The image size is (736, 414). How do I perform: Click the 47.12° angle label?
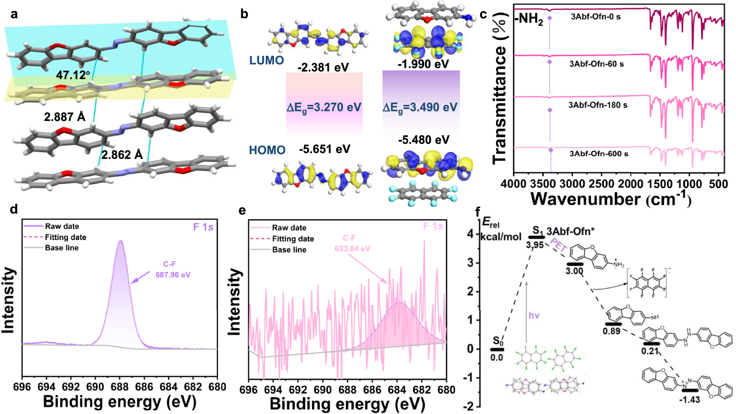[73, 75]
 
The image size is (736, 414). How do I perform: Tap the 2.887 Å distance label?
[65, 117]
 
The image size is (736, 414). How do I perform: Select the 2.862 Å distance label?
[122, 155]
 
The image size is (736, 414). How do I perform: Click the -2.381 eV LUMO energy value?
[323, 67]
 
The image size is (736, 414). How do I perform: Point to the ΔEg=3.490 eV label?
[420, 107]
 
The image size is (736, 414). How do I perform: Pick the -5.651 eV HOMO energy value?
[324, 149]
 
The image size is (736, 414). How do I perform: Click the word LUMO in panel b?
[266, 60]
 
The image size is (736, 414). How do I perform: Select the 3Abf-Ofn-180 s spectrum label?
[598, 105]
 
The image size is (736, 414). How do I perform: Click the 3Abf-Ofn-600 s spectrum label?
[599, 154]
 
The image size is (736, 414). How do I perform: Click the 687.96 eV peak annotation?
[173, 275]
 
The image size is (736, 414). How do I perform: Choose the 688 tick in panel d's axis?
[120, 387]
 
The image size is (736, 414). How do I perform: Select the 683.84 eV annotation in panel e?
[352, 249]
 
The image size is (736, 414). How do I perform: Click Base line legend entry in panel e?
[289, 250]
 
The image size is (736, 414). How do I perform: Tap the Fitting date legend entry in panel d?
[65, 237]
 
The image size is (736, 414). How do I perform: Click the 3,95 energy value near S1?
[534, 245]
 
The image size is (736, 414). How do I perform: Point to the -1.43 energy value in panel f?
[689, 400]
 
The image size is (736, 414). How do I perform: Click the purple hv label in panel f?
[534, 315]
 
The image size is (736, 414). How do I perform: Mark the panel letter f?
[477, 212]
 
